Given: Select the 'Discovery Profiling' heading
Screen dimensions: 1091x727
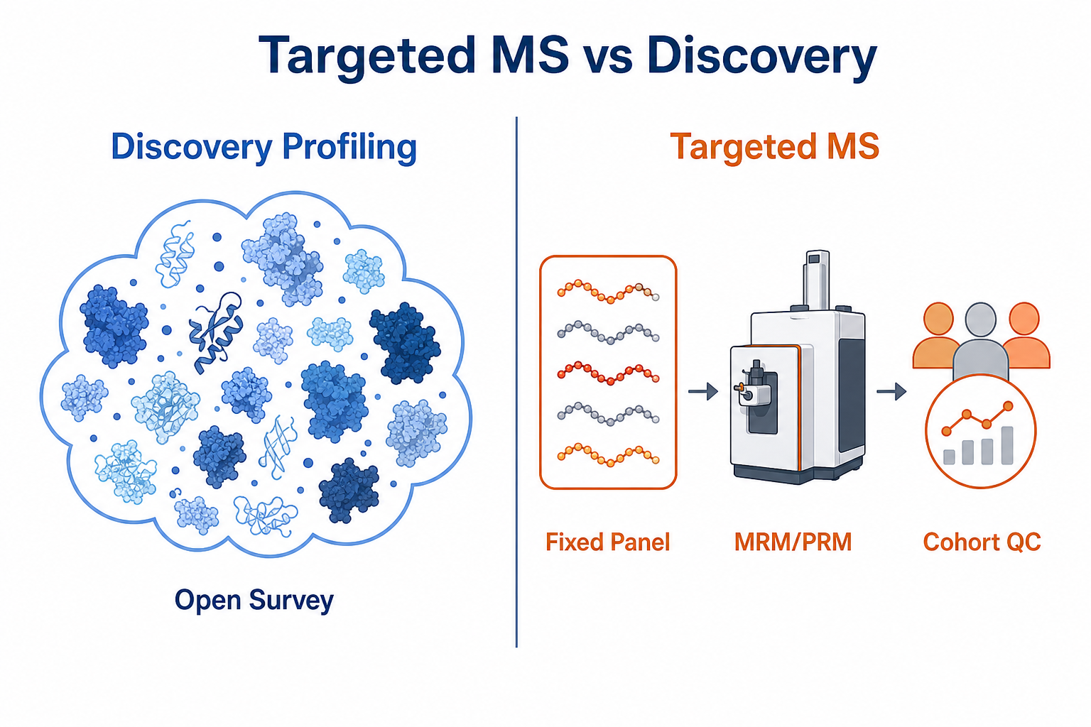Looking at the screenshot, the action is tap(264, 147).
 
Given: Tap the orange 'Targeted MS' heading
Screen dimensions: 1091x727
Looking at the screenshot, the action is tap(775, 147).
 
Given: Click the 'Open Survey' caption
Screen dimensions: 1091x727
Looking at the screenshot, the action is tap(254, 600).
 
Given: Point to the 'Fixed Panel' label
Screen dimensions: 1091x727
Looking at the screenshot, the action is tap(607, 542).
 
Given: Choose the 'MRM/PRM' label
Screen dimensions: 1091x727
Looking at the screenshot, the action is tap(793, 542).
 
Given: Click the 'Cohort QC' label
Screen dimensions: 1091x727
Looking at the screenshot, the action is tap(982, 542).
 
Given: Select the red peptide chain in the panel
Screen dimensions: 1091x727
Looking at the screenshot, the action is tap(608, 373).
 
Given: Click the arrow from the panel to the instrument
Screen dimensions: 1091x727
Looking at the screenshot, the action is tap(702, 391).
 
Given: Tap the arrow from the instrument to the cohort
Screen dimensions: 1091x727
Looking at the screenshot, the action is tap(891, 391).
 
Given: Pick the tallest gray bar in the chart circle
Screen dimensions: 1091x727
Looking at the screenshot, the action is tap(1006, 445).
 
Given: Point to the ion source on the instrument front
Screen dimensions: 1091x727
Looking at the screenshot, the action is tap(751, 389).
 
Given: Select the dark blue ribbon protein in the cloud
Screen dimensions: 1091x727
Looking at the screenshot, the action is tap(216, 332).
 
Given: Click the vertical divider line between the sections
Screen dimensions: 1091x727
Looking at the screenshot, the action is tap(516, 382).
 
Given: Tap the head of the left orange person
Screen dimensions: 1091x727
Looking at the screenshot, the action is tap(938, 319).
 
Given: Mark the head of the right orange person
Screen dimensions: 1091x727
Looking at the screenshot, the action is tap(1024, 319).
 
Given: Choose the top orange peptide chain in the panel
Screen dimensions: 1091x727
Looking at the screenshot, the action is tap(608, 291).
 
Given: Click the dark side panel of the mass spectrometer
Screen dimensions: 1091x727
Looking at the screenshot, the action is tap(851, 395).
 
